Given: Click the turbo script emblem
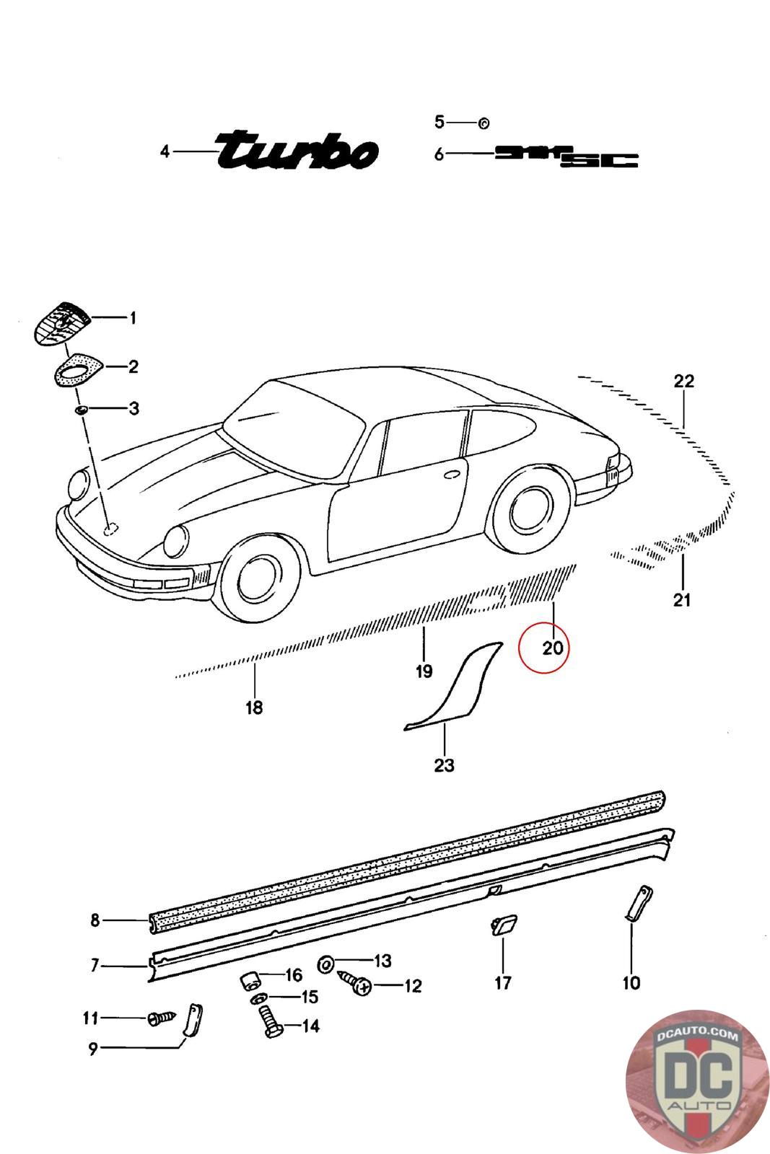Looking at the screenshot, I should (x=297, y=150).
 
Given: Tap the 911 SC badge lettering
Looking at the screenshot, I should (x=566, y=156).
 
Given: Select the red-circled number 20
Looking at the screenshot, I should (x=552, y=647).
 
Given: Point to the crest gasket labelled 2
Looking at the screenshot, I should (x=76, y=369).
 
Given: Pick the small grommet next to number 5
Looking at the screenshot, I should (x=484, y=123).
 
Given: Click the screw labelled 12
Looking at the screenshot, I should (x=354, y=984).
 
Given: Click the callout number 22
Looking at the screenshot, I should (x=683, y=381).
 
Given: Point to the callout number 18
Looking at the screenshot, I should (x=253, y=708).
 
